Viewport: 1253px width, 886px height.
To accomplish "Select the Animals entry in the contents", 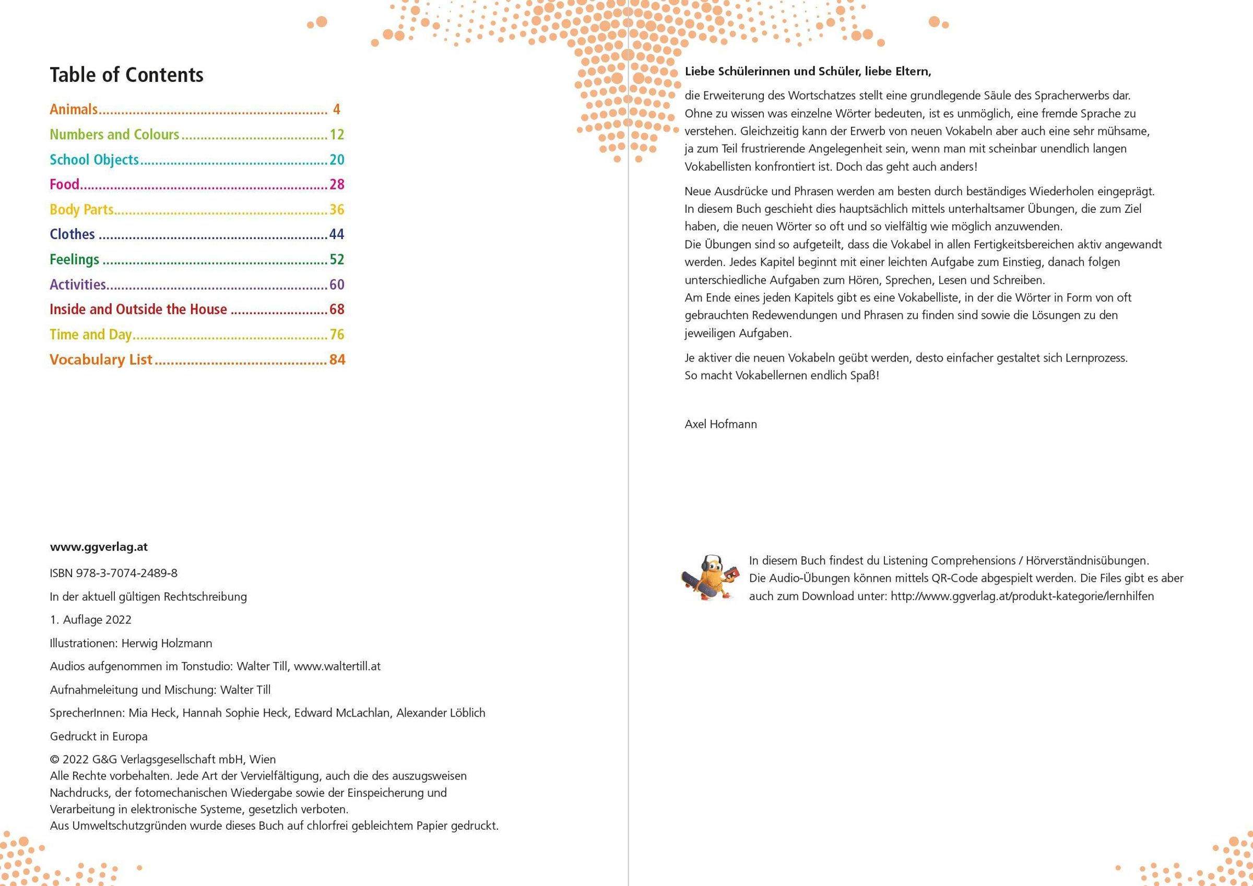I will tap(74, 110).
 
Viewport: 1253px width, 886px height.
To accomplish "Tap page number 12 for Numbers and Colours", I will tap(337, 135).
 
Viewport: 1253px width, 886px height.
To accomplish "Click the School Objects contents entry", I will tap(94, 160).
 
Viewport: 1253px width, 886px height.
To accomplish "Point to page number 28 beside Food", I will tap(337, 184).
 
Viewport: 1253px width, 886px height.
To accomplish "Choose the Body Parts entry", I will tap(82, 209).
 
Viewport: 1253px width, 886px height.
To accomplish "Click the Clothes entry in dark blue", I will tap(73, 235).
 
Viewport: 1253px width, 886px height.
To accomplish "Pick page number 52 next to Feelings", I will tap(337, 260).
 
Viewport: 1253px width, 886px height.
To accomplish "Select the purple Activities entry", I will tap(78, 285).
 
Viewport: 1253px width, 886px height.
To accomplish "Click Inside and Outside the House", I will tap(138, 309).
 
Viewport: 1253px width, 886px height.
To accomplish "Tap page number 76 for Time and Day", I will tap(337, 334).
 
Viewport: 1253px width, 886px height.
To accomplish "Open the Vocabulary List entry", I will tap(101, 360).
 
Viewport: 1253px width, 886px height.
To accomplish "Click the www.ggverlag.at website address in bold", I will tap(99, 547).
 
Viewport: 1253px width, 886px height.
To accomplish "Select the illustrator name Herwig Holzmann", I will tap(167, 643).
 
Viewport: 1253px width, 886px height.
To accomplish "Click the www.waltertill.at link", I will tap(337, 666).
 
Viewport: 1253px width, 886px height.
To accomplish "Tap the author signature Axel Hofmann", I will tap(720, 424).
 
